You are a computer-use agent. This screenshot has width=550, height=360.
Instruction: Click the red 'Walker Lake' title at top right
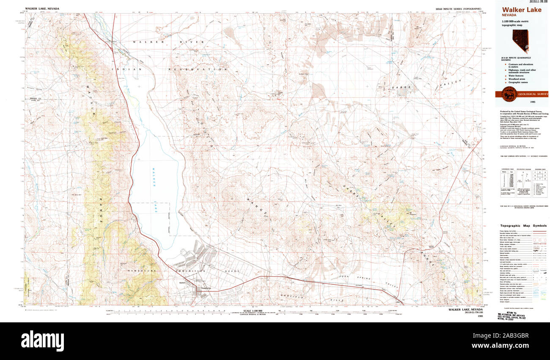(521, 10)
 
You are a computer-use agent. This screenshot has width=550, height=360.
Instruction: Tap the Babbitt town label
(183, 283)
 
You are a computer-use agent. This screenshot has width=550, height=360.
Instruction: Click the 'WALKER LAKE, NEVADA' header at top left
(42, 8)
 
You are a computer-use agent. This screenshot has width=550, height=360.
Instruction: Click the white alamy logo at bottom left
(42, 340)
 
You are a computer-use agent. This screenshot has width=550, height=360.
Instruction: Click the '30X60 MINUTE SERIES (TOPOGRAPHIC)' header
(458, 8)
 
